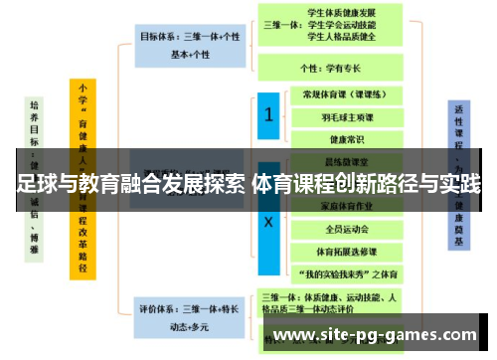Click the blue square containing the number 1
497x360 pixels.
[267, 115]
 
